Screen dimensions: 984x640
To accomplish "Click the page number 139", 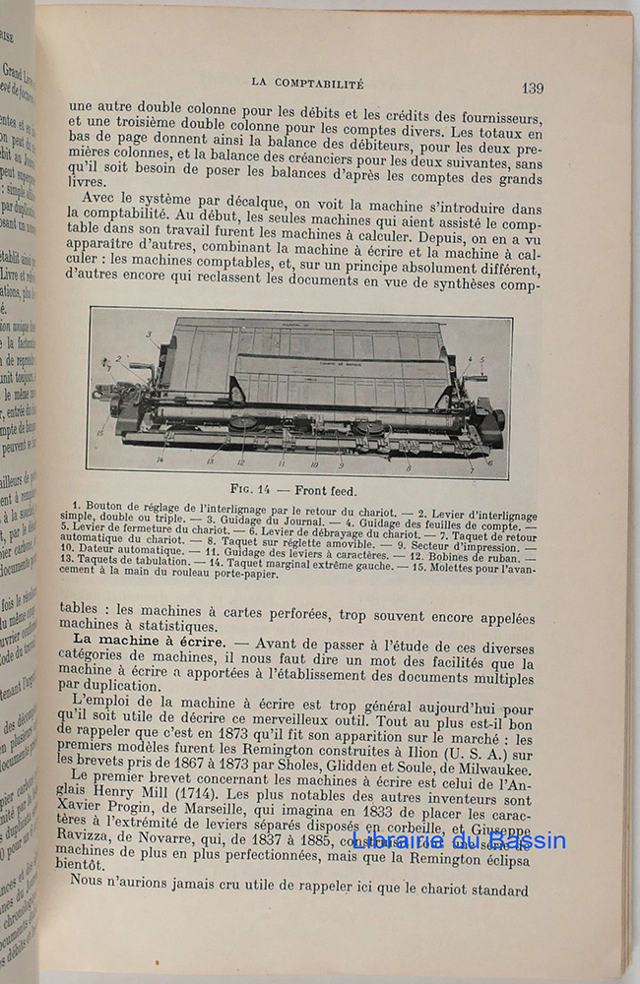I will (532, 88).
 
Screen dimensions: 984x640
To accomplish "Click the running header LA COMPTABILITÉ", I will (308, 85).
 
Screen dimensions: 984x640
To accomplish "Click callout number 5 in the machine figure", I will (482, 358).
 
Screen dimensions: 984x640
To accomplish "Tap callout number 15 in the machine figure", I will (99, 431).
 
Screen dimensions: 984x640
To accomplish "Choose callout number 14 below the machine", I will (159, 460).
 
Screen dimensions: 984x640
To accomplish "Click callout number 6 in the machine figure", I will (489, 461).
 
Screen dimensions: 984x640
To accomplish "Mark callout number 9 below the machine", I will (341, 463).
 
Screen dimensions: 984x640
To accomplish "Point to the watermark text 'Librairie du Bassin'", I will (458, 841).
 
